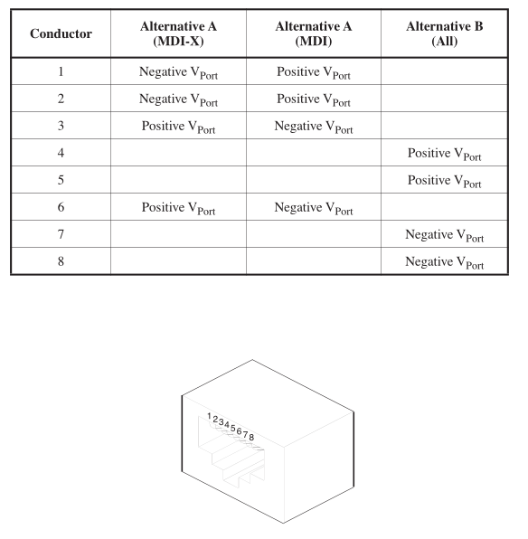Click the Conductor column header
[x=61, y=33]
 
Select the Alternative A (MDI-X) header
[x=178, y=33]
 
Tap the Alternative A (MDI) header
[x=314, y=33]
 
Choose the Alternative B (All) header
[x=445, y=33]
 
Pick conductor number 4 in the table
[x=61, y=154]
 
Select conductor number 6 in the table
[x=61, y=208]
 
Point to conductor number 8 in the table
[x=61, y=262]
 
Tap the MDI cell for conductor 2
[x=314, y=100]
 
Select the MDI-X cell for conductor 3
[x=178, y=128]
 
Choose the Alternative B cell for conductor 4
[x=445, y=155]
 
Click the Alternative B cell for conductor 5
[x=445, y=182]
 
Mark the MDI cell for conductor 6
[x=314, y=209]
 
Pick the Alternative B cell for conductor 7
[x=445, y=236]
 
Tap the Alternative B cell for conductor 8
[x=445, y=263]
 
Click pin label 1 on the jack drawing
[x=209, y=416]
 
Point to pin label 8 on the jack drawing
[x=251, y=437]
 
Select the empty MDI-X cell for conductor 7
[x=178, y=235]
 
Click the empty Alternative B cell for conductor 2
[x=445, y=99]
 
